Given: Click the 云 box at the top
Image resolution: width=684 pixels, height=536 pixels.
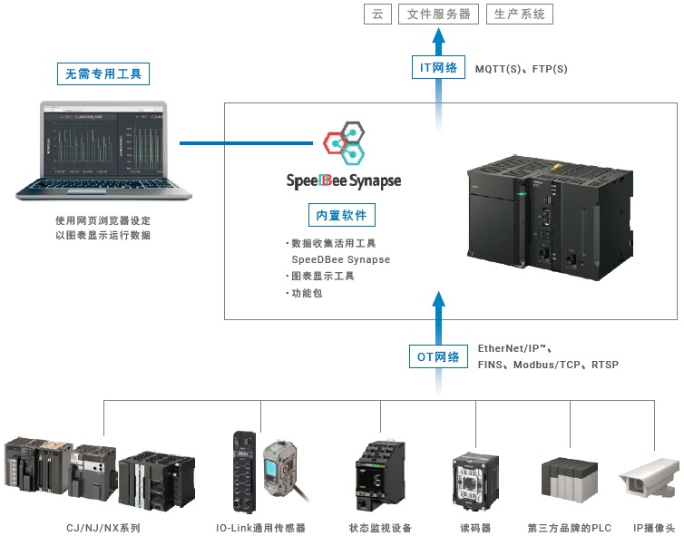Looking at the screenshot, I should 376,14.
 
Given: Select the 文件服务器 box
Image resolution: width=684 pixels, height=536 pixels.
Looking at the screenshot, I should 438,14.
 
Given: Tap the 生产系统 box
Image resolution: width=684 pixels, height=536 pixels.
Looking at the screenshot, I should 520,14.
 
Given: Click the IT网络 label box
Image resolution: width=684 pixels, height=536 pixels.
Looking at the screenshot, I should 437,67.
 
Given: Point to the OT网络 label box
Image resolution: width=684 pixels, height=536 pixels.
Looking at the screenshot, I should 438,356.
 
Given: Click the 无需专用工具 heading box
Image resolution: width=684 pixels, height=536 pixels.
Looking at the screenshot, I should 103,73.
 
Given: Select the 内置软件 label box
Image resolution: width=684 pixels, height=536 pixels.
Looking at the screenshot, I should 342,215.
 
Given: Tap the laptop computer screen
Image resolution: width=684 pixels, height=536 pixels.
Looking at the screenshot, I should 102,143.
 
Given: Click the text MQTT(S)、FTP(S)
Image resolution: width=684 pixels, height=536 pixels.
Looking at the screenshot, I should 521,69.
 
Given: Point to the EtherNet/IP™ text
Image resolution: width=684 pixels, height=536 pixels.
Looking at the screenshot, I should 514,348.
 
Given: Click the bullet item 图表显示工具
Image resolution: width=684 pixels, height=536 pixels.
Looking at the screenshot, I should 322,276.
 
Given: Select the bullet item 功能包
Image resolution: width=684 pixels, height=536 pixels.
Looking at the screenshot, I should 308,293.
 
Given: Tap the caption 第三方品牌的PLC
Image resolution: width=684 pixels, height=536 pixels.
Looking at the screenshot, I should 569,527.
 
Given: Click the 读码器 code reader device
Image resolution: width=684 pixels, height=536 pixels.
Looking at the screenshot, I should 474,473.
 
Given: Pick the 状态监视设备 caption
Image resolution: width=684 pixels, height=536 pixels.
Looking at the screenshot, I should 380,527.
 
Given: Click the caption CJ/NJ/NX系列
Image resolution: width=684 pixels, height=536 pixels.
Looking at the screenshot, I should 103,527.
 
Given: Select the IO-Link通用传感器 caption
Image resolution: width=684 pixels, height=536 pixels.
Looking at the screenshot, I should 260,527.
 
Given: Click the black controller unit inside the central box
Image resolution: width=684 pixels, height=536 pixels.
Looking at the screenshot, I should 542,211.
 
